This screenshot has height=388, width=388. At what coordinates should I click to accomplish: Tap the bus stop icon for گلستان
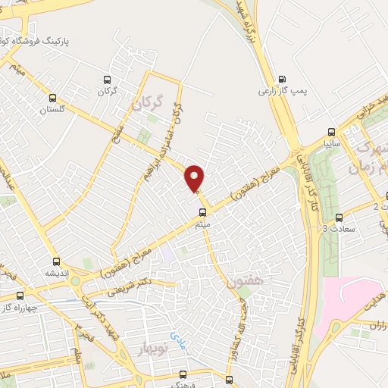click(52, 97)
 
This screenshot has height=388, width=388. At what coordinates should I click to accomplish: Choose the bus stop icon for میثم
click(202, 212)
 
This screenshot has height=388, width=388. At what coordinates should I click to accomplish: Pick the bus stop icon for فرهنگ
click(183, 374)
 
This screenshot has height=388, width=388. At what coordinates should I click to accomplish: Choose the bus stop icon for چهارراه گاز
click(20, 296)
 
